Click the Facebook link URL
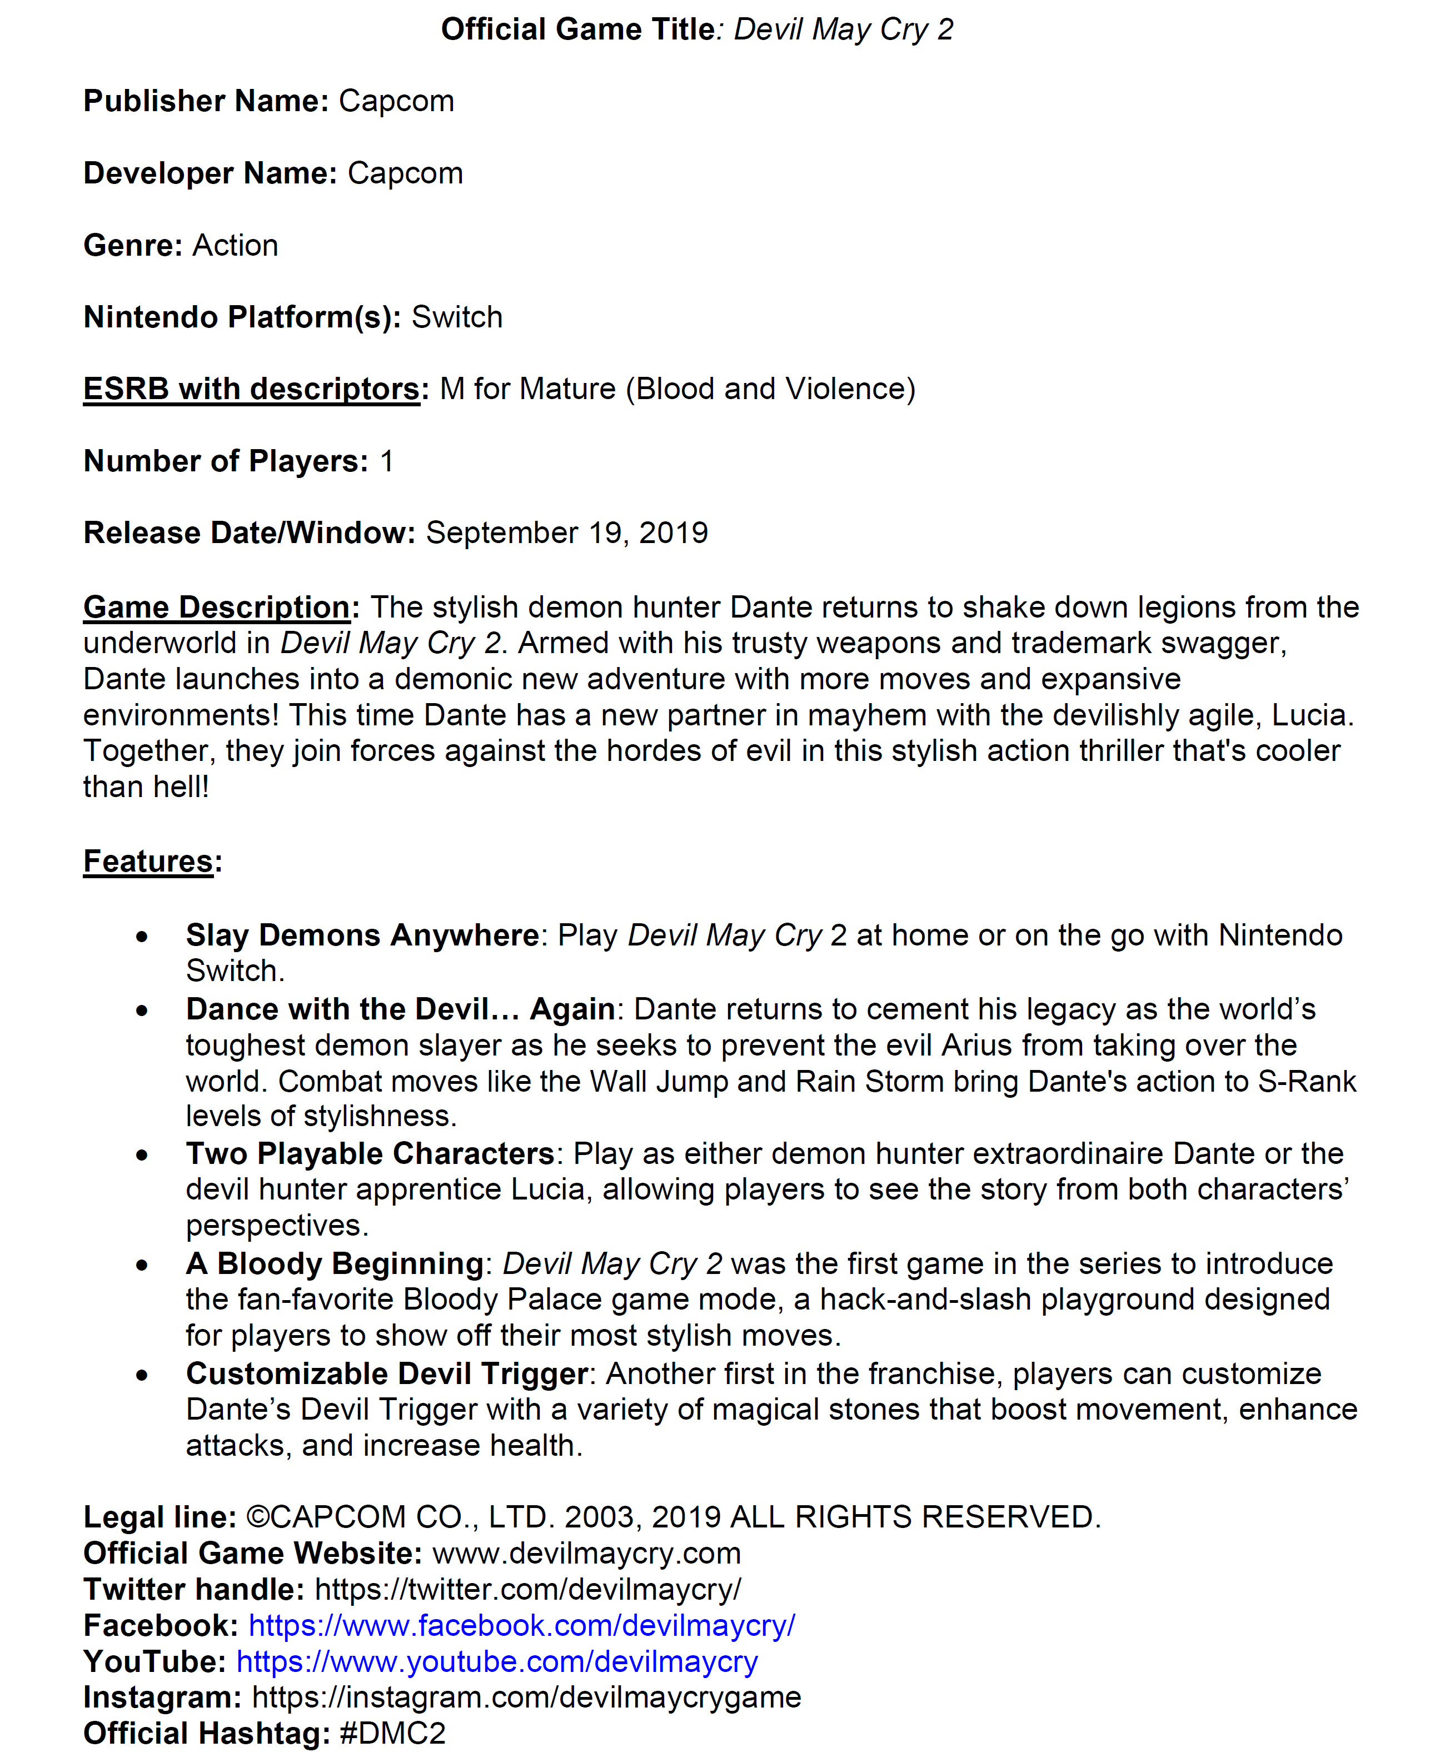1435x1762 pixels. click(x=522, y=1626)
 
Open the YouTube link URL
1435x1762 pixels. click(x=497, y=1661)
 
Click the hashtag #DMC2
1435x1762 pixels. click(x=392, y=1733)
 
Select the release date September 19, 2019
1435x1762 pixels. click(x=567, y=533)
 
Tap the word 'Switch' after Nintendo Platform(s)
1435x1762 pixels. click(x=457, y=317)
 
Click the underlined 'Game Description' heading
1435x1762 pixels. click(x=217, y=607)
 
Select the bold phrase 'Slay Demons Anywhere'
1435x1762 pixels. click(x=362, y=935)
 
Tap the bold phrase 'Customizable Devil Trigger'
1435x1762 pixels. click(x=387, y=1373)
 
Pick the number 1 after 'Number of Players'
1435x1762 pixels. click(x=386, y=461)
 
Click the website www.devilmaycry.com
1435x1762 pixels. click(x=586, y=1554)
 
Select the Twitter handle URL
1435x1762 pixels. click(x=528, y=1589)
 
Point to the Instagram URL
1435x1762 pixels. click(x=526, y=1698)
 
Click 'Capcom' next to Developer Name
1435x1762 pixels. click(x=405, y=173)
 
